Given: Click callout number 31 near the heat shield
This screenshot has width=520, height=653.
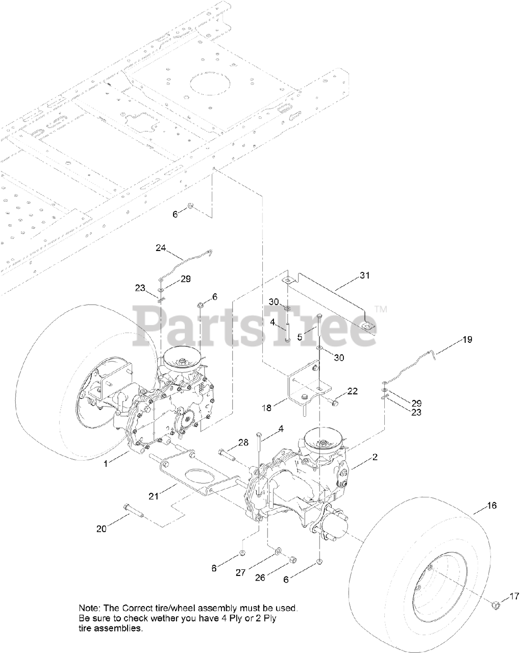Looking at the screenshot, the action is click(x=364, y=275).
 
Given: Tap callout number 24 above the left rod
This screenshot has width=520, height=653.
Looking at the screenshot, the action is click(x=161, y=248).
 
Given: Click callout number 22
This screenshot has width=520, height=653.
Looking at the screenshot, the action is click(x=352, y=391).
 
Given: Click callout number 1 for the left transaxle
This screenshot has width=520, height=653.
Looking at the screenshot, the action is click(x=106, y=463).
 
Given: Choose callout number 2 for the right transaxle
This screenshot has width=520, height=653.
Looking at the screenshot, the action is click(x=375, y=457).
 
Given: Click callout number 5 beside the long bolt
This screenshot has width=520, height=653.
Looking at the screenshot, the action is click(x=300, y=337).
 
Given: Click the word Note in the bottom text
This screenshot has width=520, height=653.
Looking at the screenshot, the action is click(x=89, y=608).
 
